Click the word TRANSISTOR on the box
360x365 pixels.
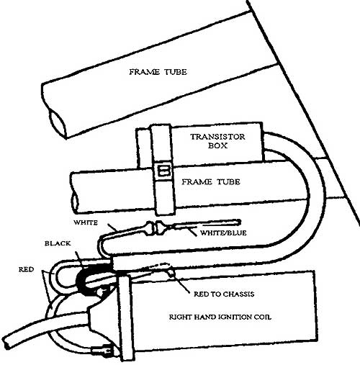[217, 137]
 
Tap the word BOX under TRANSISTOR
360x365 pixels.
[217, 145]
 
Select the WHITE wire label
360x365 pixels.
[86, 222]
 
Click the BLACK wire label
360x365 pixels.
[58, 243]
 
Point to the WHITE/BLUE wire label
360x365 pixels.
[223, 233]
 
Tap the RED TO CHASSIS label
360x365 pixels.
[224, 294]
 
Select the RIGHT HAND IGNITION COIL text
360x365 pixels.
[220, 317]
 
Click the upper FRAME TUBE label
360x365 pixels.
[158, 72]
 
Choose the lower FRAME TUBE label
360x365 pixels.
[211, 182]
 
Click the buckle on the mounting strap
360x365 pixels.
[163, 171]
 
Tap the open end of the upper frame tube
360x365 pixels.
[57, 123]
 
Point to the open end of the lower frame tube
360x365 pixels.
[74, 203]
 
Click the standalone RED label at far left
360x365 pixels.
[27, 269]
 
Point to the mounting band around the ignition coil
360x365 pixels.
[125, 319]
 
